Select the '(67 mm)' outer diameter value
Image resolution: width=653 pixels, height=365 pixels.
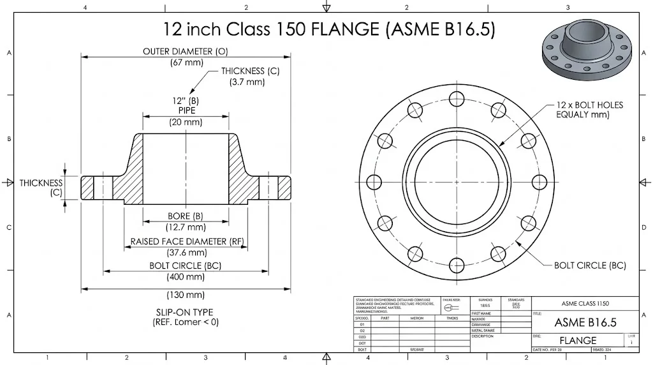click(186, 63)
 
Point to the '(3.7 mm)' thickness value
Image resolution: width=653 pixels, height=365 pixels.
click(246, 82)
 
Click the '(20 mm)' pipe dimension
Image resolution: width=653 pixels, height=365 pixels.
click(186, 122)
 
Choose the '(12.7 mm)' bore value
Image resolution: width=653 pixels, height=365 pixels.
click(186, 227)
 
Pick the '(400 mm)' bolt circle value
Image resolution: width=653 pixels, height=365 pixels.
click(186, 277)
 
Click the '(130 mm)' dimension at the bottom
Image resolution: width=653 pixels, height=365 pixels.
click(186, 295)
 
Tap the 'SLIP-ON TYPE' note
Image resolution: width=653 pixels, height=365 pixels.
click(185, 312)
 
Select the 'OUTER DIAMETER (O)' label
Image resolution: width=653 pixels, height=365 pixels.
click(186, 51)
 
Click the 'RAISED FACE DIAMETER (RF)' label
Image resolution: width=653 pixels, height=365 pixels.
click(187, 241)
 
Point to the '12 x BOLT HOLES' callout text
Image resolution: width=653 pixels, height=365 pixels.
click(589, 105)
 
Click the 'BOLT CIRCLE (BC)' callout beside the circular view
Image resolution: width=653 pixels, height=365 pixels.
click(589, 265)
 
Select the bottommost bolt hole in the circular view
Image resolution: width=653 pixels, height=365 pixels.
click(456, 263)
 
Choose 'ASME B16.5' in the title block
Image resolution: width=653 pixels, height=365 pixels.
click(585, 322)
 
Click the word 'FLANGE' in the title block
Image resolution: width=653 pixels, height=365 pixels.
click(578, 340)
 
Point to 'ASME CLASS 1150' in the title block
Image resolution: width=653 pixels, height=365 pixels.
click(585, 304)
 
